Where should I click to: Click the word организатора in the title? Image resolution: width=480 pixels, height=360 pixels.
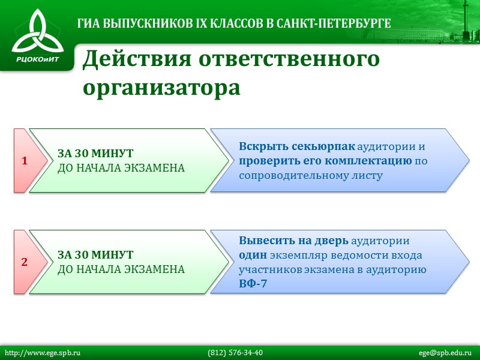coord(161,88)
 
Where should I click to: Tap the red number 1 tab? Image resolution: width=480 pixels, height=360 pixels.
coord(25,161)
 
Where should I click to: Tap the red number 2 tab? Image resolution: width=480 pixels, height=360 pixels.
coord(25,262)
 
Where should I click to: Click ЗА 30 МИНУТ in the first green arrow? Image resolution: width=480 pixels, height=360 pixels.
coord(95,154)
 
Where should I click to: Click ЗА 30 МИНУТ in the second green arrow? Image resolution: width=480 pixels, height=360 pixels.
coord(95,255)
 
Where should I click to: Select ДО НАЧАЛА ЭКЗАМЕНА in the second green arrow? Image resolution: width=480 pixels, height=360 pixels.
coord(121,269)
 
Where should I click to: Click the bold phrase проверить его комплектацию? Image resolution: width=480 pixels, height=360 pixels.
coord(325,161)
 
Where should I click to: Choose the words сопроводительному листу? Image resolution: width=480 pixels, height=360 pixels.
coord(310,175)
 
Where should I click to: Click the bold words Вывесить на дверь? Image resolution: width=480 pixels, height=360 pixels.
coord(293,241)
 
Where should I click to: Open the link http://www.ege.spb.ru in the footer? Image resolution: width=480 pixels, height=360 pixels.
coord(43,352)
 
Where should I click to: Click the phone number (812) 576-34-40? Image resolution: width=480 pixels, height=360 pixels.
coord(235,352)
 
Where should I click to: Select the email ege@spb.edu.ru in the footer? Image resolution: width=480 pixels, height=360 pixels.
coord(446,352)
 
